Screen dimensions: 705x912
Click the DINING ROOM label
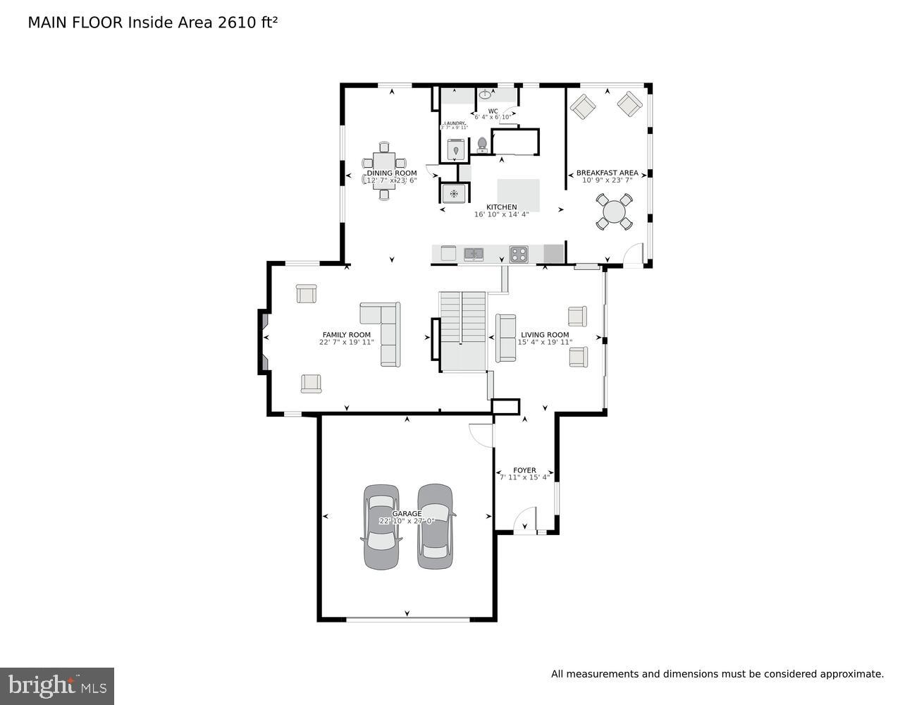coord(391,173)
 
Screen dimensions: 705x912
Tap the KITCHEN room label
coord(501,207)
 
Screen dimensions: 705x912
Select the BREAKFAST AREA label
coord(607,173)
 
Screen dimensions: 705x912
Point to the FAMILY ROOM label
coord(346,335)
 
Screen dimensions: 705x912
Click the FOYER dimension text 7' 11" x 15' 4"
coord(524,478)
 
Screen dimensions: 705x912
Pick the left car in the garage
coord(381,527)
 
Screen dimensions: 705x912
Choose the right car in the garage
coord(435,526)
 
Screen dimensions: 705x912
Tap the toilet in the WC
coord(482,145)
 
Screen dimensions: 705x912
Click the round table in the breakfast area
coord(615,212)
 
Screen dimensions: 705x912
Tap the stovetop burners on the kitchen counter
coord(519,253)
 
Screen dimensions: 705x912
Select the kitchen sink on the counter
coord(473,253)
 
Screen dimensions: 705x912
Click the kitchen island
coord(519,194)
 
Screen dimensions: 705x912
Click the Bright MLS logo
coord(57,686)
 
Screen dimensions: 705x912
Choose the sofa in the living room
coord(505,338)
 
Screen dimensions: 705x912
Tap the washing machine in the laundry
coord(456,149)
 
